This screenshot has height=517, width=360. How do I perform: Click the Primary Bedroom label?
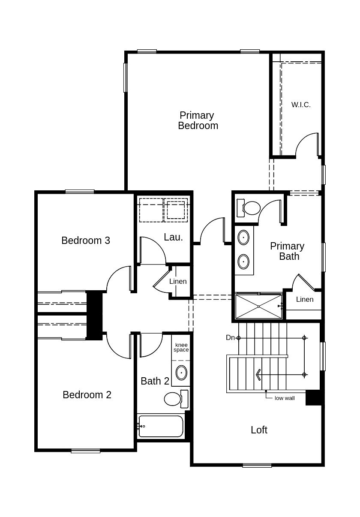pos(198,120)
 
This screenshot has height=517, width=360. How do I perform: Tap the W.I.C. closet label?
pos(301,105)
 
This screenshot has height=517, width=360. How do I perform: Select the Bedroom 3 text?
pos(86,240)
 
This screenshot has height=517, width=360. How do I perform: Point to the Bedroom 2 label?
pos(87,395)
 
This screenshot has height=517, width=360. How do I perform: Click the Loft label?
pos(259,430)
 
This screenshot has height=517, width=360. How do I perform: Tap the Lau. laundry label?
pos(173,237)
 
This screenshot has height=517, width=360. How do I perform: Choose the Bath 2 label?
pos(155,381)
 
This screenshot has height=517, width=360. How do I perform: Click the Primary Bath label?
pos(287,251)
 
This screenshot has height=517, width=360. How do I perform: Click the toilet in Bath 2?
pos(176,399)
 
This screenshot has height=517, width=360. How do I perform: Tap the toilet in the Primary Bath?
pos(249,208)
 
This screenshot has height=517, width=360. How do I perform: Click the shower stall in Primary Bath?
pos(259,306)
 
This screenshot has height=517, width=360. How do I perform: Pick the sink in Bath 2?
pos(181,373)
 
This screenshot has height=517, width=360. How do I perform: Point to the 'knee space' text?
pos(181,347)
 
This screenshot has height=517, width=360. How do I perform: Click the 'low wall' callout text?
pos(285,398)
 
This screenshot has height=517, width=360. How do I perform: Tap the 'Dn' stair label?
pos(230,338)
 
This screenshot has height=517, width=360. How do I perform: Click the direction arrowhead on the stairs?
pos(258,374)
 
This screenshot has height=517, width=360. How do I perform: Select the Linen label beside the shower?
pos(305,299)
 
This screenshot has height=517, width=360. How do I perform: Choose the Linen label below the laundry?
pos(178,281)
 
